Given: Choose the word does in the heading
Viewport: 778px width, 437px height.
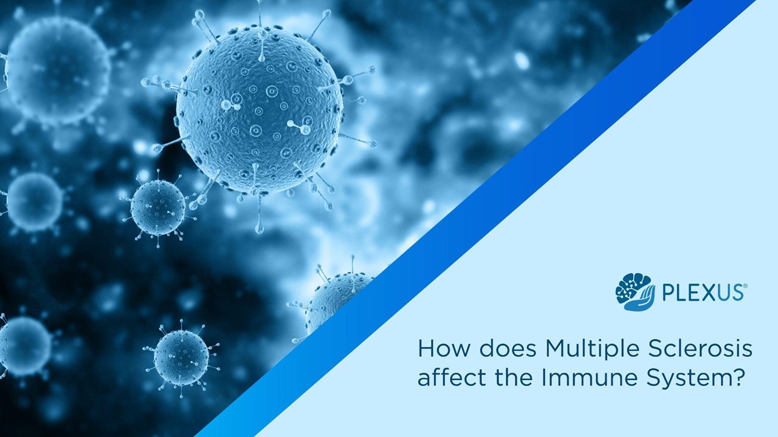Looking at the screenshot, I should click(x=501, y=349).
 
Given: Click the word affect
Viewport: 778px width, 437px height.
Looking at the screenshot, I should click(x=443, y=378).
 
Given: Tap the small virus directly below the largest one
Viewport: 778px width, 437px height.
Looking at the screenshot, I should click(x=158, y=207).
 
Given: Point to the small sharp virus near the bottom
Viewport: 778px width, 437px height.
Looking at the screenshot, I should click(x=181, y=357).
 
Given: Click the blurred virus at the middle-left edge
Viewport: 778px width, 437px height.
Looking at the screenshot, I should click(x=34, y=202).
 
